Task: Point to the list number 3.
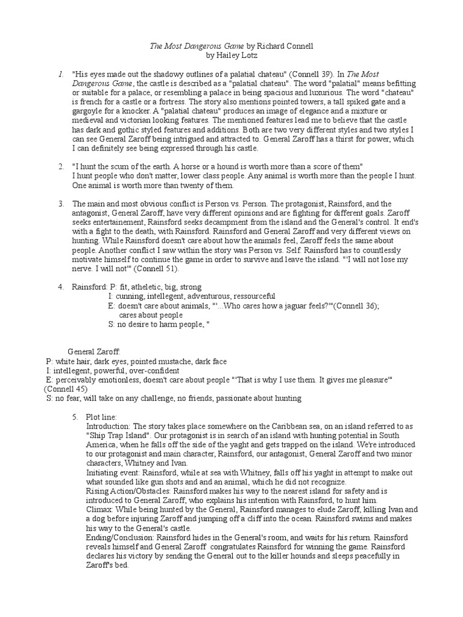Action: pyautogui.click(x=61, y=204)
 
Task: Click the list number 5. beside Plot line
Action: pyautogui.click(x=75, y=417)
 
